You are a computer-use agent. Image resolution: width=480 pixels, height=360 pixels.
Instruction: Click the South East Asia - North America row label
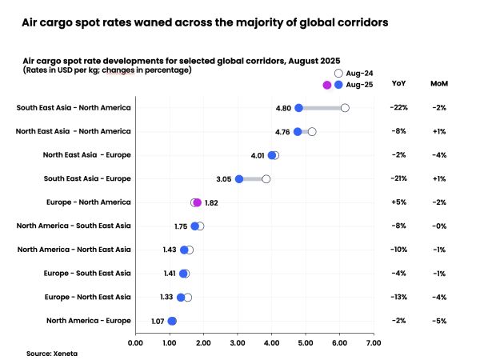tap(74, 108)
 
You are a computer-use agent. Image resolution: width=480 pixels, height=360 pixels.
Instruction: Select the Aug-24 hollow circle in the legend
tap(338, 73)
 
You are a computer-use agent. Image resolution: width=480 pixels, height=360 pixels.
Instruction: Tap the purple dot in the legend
tap(326, 85)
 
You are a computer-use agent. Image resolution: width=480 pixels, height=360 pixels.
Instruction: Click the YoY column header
tap(398, 84)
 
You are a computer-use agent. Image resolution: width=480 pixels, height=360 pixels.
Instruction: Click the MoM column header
tap(439, 84)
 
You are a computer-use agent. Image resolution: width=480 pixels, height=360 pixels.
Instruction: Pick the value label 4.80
tap(283, 108)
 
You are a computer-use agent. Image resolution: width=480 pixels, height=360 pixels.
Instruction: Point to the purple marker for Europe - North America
tap(197, 202)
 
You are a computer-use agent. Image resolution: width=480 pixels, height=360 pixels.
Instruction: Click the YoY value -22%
tap(398, 108)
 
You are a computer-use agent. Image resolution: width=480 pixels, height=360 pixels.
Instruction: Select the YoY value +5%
tap(398, 202)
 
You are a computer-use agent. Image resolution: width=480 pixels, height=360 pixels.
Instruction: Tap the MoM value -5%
tap(438, 321)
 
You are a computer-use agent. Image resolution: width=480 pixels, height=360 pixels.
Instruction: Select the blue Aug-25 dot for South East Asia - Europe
tap(239, 179)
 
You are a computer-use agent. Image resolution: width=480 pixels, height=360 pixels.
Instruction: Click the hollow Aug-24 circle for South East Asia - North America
tap(345, 108)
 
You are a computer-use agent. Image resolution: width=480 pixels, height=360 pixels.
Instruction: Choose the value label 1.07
tap(158, 321)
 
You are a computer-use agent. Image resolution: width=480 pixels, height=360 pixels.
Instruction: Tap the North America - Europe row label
tap(88, 321)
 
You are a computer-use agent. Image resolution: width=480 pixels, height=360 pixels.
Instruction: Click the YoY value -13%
tap(398, 297)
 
